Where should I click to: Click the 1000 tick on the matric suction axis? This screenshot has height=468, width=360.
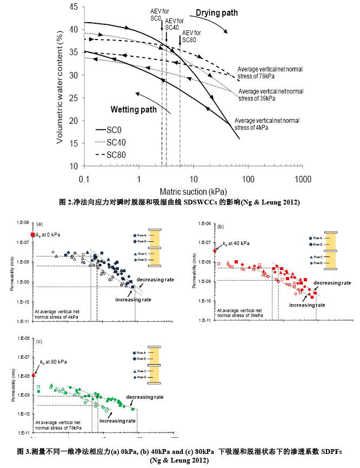pos(304,179)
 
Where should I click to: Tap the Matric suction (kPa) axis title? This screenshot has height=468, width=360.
pos(193,192)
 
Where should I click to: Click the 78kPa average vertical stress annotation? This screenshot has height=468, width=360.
pos(270,73)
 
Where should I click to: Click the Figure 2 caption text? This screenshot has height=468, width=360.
pos(179,202)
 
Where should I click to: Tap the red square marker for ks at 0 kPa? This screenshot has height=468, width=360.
pos(33,235)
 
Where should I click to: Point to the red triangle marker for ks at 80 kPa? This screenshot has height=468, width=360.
pos(33,374)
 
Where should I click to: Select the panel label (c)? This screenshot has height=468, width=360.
pos(38,341)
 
